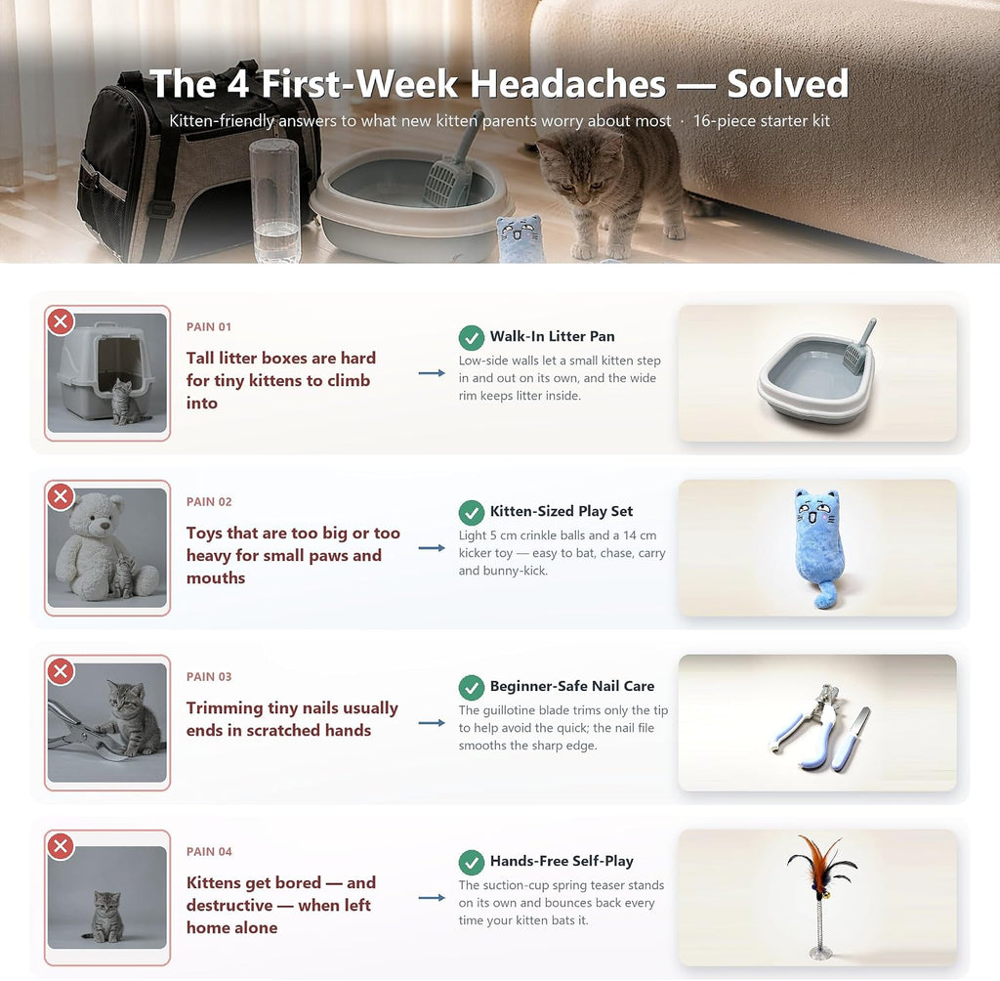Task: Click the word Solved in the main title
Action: pos(788,84)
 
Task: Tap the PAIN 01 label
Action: pos(209,326)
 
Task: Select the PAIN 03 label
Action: pos(209,676)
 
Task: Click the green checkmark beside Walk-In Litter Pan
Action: pos(472,338)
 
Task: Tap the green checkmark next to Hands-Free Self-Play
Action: pos(472,863)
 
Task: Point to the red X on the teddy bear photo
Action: pos(61,496)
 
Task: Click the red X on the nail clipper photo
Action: pos(61,671)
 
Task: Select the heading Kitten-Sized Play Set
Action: pos(562,511)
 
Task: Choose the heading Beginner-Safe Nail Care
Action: pos(572,686)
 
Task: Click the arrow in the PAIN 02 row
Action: pos(432,548)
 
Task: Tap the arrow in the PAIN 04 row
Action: pos(432,898)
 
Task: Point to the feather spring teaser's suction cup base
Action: pos(819,953)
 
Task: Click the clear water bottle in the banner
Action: pos(274,201)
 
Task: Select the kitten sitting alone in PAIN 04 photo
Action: pos(105,917)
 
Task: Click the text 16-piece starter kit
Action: pos(762,120)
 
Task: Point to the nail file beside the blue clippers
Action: pos(852,738)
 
